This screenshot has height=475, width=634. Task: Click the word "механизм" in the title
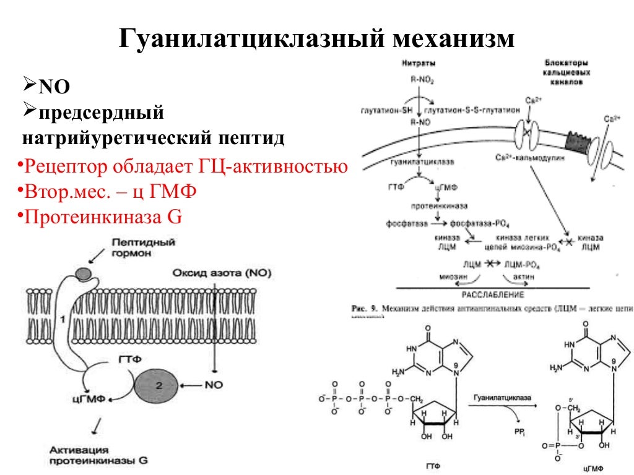click(451, 39)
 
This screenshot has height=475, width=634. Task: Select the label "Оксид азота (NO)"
click(222, 273)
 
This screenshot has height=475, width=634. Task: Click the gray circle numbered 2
click(157, 386)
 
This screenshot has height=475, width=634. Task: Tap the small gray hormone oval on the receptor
click(82, 272)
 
